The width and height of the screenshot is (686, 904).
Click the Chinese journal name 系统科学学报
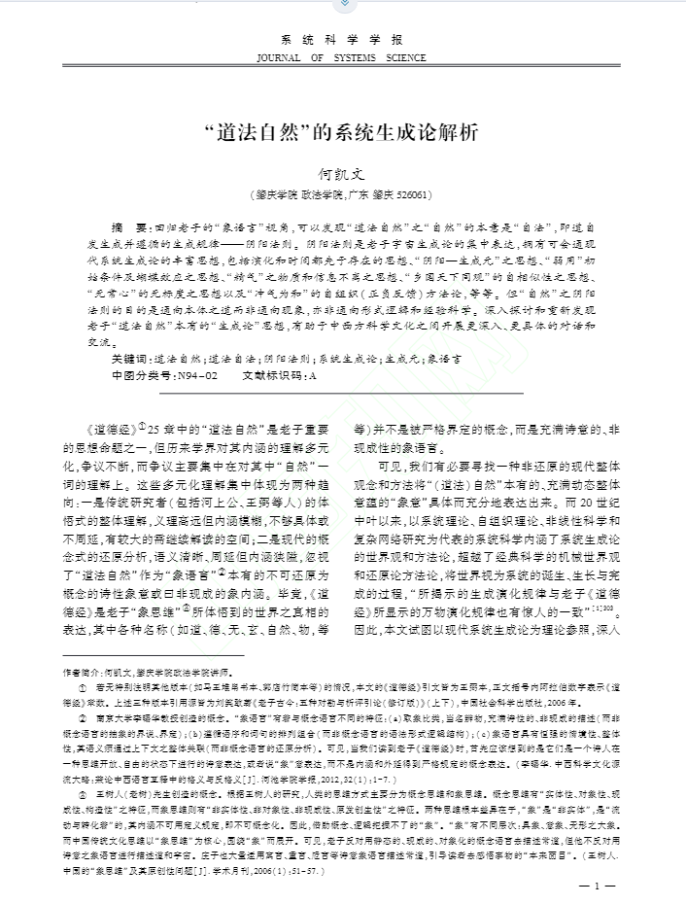click(x=341, y=41)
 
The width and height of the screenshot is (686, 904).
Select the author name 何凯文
click(x=341, y=173)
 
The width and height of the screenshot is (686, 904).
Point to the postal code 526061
click(x=412, y=194)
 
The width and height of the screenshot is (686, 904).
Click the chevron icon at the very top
click(x=342, y=5)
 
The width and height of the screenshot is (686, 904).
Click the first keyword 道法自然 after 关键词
click(x=178, y=359)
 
